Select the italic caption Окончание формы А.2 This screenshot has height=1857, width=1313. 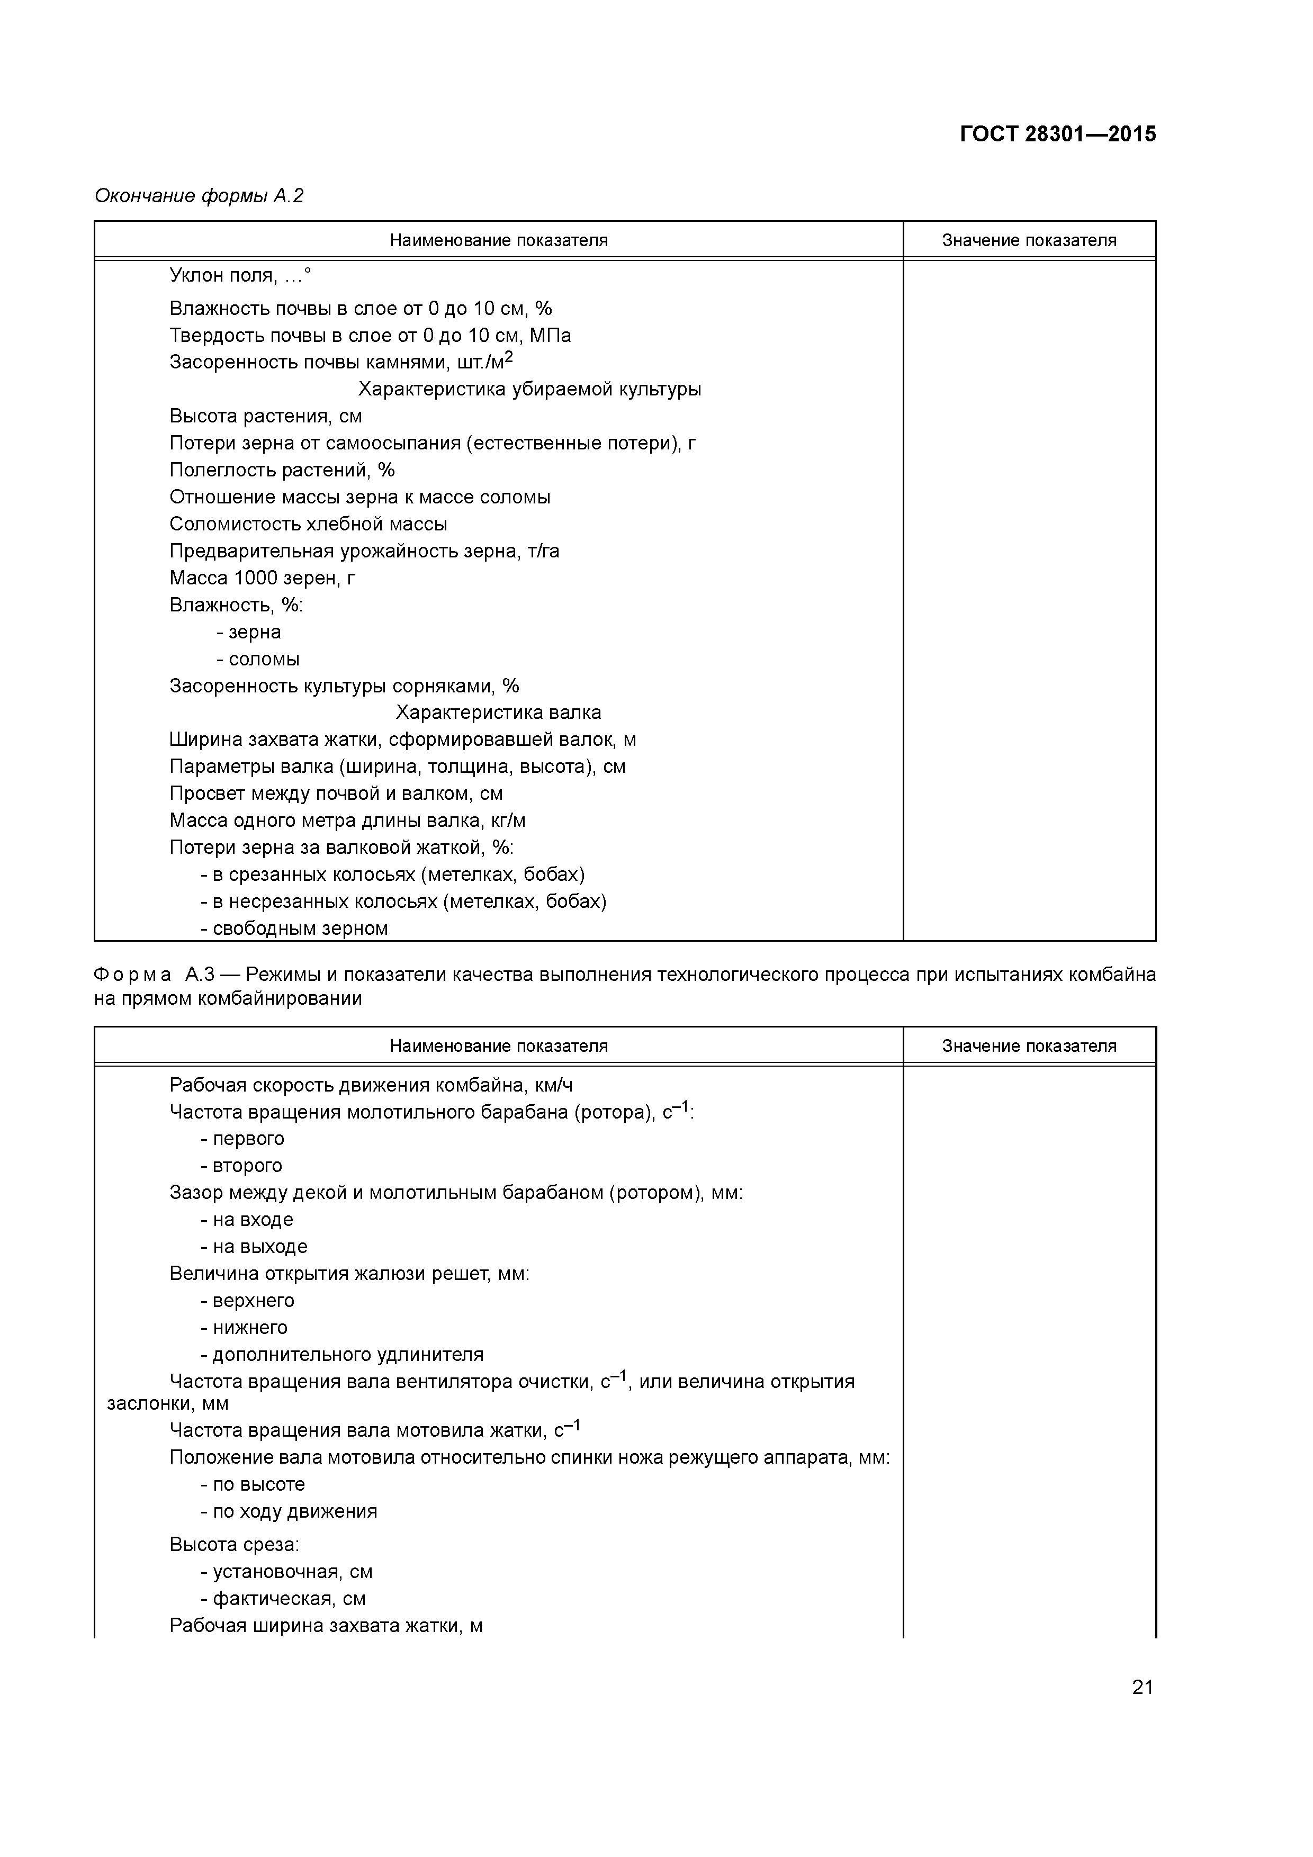pyautogui.click(x=199, y=196)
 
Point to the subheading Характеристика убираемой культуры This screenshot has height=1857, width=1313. pyautogui.click(x=530, y=389)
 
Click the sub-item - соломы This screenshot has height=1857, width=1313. pyautogui.click(x=258, y=659)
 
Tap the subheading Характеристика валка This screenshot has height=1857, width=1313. pyautogui.click(x=498, y=713)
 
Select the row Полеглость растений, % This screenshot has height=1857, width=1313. pyautogui.click(x=282, y=470)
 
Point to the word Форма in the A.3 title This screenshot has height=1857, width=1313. pyautogui.click(x=133, y=975)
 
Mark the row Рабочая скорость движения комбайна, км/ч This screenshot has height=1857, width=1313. pyautogui.click(x=371, y=1085)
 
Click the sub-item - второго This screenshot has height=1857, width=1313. pyautogui.click(x=242, y=1166)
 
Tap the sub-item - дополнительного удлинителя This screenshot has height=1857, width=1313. pyautogui.click(x=342, y=1355)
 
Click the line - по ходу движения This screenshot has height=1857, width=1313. pyautogui.click(x=289, y=1512)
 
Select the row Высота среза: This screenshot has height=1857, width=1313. pyautogui.click(x=234, y=1545)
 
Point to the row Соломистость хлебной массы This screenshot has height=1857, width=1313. pyautogui.click(x=308, y=524)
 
